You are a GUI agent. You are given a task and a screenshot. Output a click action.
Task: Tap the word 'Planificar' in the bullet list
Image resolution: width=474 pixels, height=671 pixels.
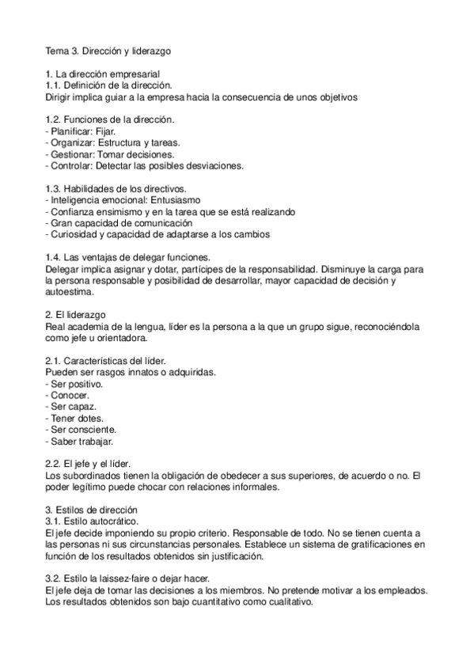click(x=70, y=131)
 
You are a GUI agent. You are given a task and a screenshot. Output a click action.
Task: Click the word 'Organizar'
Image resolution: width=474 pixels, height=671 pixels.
click(x=73, y=143)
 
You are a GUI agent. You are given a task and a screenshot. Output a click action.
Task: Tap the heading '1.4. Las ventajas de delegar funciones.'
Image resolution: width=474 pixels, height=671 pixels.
click(x=127, y=257)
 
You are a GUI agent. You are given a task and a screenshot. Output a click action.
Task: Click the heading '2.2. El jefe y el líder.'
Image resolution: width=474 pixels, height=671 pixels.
click(x=89, y=463)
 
